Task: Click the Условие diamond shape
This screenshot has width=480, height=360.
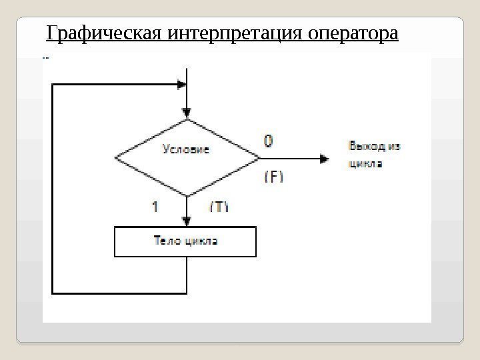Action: click(187, 158)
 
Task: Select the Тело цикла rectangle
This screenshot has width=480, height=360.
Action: click(185, 242)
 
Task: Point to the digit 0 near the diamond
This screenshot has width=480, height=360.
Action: click(268, 141)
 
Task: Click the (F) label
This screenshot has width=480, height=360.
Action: click(274, 177)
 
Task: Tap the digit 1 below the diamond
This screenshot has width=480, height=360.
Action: click(155, 207)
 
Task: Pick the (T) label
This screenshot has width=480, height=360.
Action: click(219, 207)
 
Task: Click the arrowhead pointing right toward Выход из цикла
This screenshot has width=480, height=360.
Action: click(324, 159)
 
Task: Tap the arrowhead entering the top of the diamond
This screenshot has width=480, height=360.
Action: click(188, 113)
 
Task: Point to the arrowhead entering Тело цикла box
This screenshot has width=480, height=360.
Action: click(188, 221)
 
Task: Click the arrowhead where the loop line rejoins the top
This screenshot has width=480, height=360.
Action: click(181, 85)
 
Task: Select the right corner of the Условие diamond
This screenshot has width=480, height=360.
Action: click(260, 159)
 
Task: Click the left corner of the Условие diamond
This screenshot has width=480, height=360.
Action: click(116, 159)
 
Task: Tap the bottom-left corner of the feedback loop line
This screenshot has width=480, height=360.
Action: click(52, 292)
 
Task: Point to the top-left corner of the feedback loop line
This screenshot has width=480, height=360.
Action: click(52, 85)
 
